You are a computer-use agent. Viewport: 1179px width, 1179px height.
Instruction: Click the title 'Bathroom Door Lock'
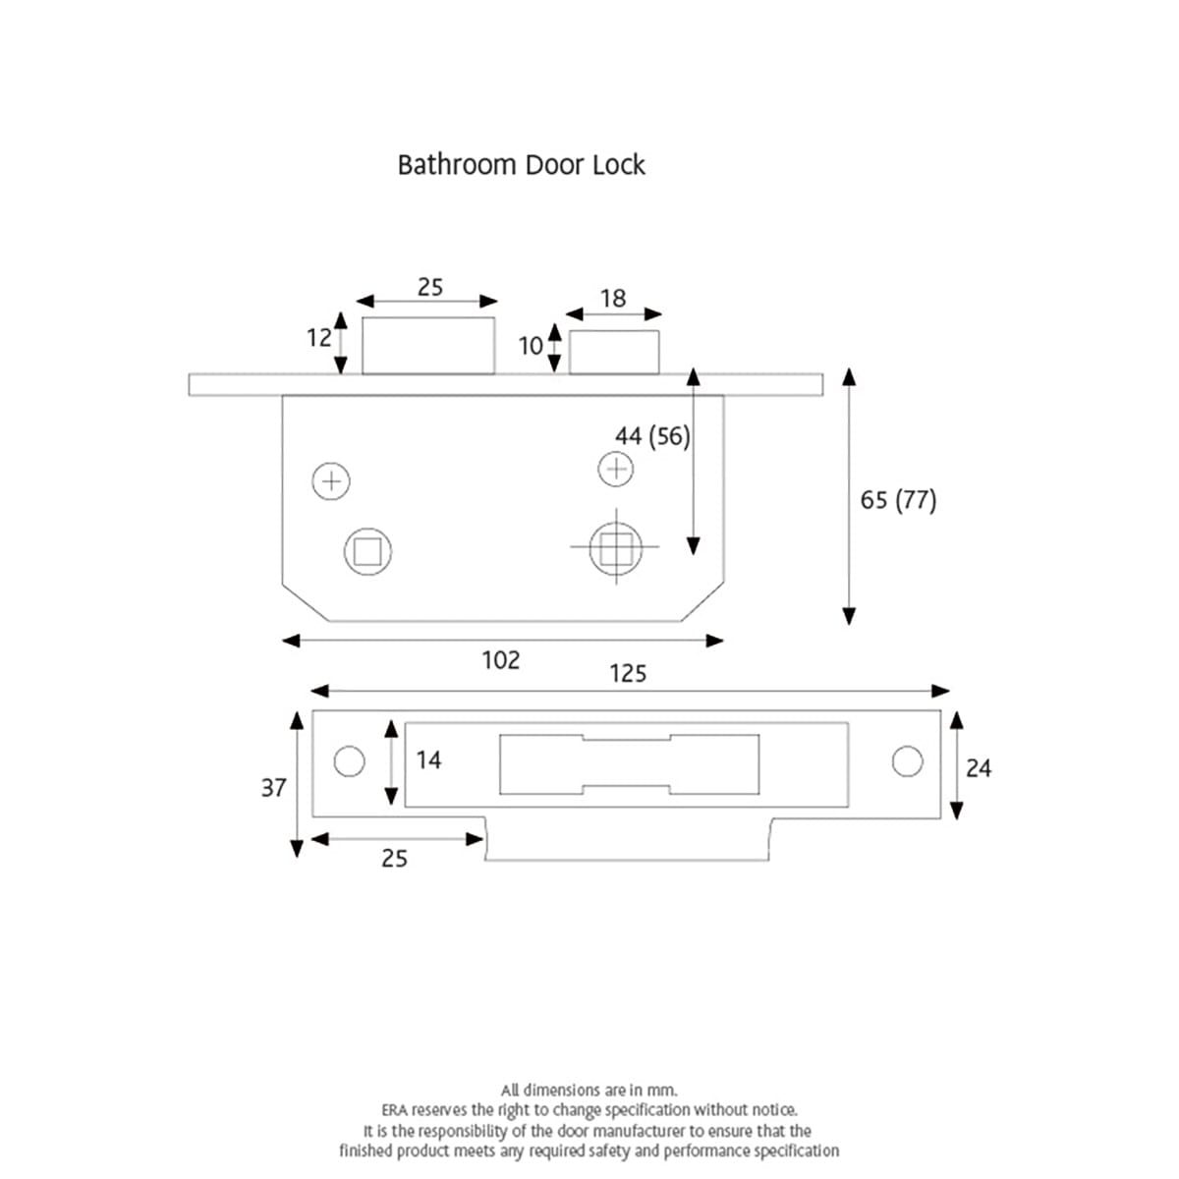pyautogui.click(x=521, y=164)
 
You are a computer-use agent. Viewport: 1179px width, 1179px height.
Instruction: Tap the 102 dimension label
pyautogui.click(x=500, y=660)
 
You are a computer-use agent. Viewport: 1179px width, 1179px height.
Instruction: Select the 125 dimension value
pyautogui.click(x=628, y=673)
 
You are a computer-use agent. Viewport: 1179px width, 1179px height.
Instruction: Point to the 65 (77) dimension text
pyautogui.click(x=898, y=500)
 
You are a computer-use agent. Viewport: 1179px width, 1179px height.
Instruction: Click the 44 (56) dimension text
pyautogui.click(x=652, y=436)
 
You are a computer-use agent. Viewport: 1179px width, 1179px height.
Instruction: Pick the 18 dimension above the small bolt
pyautogui.click(x=612, y=299)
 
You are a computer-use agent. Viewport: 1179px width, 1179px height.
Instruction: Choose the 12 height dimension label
pyautogui.click(x=319, y=338)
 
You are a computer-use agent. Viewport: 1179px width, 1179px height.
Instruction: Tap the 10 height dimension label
pyautogui.click(x=531, y=346)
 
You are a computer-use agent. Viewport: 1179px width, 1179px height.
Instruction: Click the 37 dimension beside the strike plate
pyautogui.click(x=273, y=788)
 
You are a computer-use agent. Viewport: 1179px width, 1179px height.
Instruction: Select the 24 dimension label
pyautogui.click(x=979, y=768)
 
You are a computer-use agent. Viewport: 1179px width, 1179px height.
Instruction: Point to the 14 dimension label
pyautogui.click(x=428, y=760)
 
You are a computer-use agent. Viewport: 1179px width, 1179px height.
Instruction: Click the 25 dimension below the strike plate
pyautogui.click(x=394, y=859)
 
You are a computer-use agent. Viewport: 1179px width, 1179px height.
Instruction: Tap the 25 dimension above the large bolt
pyautogui.click(x=429, y=287)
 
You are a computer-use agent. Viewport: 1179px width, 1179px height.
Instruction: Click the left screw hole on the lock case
pyautogui.click(x=331, y=481)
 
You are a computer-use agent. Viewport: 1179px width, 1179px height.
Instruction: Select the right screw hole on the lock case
pyautogui.click(x=616, y=469)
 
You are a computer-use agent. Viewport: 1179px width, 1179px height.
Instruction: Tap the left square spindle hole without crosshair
pyautogui.click(x=367, y=551)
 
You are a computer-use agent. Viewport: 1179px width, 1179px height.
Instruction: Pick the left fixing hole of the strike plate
pyautogui.click(x=349, y=761)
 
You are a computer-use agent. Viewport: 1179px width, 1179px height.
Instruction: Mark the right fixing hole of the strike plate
pyautogui.click(x=907, y=761)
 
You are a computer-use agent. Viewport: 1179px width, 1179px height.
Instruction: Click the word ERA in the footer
pyautogui.click(x=394, y=1110)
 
